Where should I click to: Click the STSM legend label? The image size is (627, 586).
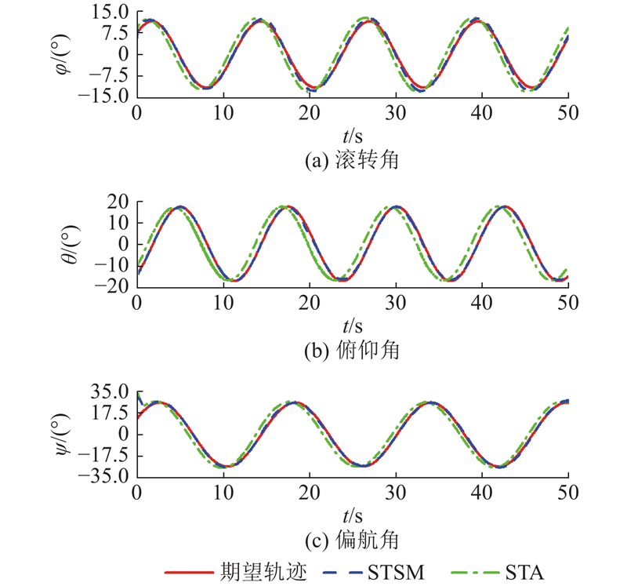(x=396, y=573)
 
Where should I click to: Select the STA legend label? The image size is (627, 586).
(x=524, y=573)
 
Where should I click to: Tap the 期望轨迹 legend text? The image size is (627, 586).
(x=263, y=572)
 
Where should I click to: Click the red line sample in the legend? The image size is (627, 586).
(x=189, y=573)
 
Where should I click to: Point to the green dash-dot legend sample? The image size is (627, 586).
(x=475, y=573)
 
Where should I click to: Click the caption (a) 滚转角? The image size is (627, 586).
(x=352, y=160)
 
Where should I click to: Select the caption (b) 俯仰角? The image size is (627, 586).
(x=352, y=350)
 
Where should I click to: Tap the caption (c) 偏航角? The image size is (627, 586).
(x=352, y=541)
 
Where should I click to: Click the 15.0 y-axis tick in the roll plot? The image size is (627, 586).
(x=110, y=13)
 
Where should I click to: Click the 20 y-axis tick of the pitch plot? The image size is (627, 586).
(x=118, y=202)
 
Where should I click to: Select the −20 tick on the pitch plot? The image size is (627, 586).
(x=111, y=286)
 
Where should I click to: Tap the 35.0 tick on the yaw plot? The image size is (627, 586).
(x=110, y=392)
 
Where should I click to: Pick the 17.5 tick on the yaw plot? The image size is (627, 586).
(x=110, y=413)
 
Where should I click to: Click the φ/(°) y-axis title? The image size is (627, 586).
(x=63, y=54)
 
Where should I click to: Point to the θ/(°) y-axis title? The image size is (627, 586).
(x=71, y=244)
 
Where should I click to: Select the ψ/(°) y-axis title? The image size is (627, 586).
(x=63, y=434)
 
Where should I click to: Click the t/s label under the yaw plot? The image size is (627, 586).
(x=353, y=516)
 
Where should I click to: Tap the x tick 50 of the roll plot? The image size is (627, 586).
(x=568, y=113)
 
